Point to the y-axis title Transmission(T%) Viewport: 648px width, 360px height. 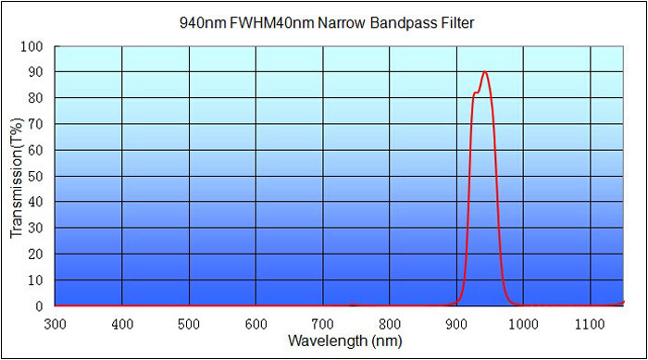tap(17, 176)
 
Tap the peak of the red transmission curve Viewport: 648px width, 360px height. tap(484, 72)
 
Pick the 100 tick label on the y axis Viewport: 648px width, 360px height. tap(32, 46)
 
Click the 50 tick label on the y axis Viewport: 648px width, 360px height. tap(36, 176)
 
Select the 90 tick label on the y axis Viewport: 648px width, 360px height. tap(36, 72)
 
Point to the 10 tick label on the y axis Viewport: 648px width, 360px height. tap(36, 279)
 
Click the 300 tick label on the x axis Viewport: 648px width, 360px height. tap(56, 323)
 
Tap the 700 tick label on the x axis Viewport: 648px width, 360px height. tap(323, 323)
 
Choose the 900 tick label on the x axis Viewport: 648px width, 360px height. tap(456, 323)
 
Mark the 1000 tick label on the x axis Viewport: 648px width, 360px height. tap(524, 323)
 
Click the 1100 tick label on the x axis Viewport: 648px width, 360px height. tap(591, 323)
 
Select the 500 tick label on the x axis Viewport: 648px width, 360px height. tap(189, 323)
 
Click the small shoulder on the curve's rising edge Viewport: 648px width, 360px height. tap(476, 93)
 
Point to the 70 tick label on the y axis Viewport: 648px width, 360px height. tap(36, 124)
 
